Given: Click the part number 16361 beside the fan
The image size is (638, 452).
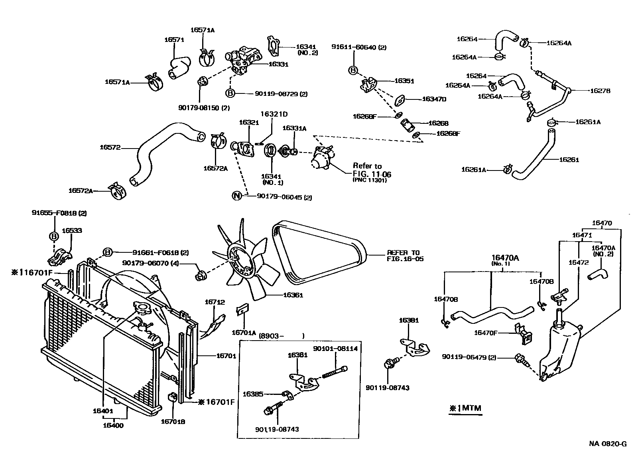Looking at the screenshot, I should [x=293, y=295].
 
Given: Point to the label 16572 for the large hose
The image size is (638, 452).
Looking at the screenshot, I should [x=110, y=148].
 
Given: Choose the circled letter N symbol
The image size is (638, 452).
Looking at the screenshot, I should [x=237, y=196].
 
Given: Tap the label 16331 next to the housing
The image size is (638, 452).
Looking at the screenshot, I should [x=278, y=64].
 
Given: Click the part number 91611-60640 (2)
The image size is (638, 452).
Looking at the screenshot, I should [x=359, y=47].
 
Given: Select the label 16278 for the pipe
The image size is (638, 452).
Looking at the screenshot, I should [x=600, y=91].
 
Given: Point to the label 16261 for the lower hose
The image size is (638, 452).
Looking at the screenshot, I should [x=569, y=160].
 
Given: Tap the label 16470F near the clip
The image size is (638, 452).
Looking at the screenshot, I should [x=485, y=333].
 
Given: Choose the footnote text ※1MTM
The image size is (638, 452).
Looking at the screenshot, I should [x=465, y=408].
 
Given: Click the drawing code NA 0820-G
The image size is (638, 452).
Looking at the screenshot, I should [x=608, y=444].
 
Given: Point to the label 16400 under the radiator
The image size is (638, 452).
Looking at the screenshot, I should [x=114, y=426].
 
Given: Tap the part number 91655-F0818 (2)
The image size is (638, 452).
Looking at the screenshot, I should [x=59, y=213].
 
